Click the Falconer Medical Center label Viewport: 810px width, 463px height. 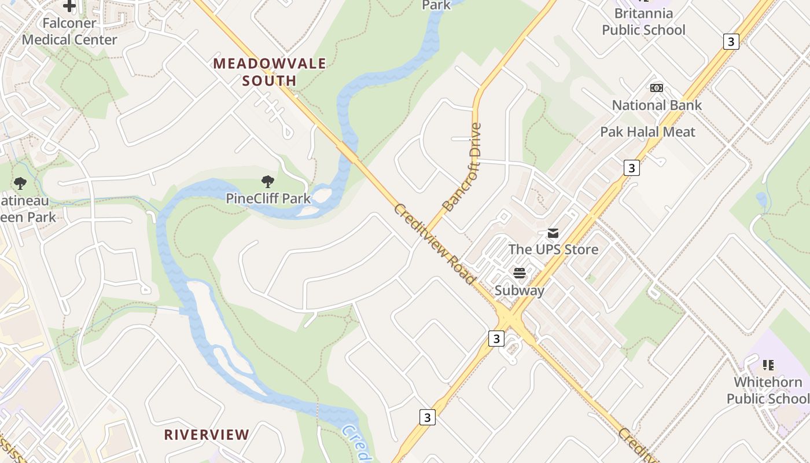[69, 32]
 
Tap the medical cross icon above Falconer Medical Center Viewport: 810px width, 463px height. [69, 6]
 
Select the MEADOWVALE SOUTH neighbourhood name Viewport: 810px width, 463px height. [270, 72]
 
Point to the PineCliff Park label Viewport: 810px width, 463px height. [268, 199]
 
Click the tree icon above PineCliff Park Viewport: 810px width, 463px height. [267, 182]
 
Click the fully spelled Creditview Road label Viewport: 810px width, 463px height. [435, 244]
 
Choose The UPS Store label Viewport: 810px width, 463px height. [553, 249]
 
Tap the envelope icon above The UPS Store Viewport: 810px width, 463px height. [553, 233]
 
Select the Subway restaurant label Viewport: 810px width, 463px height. [520, 290]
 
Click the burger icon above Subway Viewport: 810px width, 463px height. [520, 273]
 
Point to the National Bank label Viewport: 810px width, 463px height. [657, 105]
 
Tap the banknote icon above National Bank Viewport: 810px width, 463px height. [657, 88]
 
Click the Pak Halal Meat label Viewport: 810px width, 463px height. [647, 132]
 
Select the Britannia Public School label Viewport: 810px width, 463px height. [643, 21]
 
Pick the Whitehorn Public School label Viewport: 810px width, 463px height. [768, 391]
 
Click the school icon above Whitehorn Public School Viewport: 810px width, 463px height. [768, 365]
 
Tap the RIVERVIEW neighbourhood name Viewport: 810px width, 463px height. [207, 435]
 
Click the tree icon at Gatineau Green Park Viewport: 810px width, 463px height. [20, 184]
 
